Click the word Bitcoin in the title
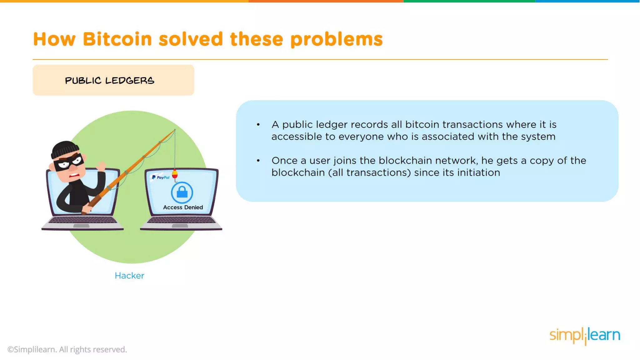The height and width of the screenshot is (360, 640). [x=117, y=39]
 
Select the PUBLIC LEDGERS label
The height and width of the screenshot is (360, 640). [x=109, y=81]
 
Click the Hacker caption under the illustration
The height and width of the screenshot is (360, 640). [x=129, y=276]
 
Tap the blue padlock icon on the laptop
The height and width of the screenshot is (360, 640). [x=182, y=192]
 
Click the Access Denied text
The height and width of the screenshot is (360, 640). [x=183, y=207]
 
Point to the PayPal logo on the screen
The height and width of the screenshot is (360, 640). [x=160, y=177]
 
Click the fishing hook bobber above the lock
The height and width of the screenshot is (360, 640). [x=175, y=174]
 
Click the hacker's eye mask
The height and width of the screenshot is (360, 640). [x=69, y=162]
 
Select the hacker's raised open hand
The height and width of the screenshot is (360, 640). [x=101, y=166]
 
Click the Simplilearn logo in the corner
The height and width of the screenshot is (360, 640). [x=585, y=336]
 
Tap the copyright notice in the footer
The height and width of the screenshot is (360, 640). [x=67, y=349]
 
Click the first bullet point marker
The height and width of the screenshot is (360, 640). [x=258, y=125]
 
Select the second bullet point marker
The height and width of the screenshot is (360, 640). [x=258, y=161]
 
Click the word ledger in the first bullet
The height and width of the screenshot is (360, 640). [x=332, y=125]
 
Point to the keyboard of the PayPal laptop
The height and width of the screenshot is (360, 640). [x=181, y=220]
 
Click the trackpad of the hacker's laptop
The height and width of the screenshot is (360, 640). [x=81, y=226]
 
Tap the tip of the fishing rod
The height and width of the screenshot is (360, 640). [x=175, y=130]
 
